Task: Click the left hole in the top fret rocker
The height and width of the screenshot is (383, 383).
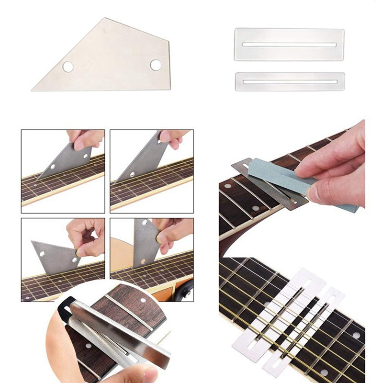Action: (x=68, y=67)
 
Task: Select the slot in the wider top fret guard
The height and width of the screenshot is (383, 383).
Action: (x=289, y=45)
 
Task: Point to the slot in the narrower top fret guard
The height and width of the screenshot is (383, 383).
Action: (x=289, y=81)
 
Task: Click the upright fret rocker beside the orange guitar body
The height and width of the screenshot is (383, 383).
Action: (x=145, y=242)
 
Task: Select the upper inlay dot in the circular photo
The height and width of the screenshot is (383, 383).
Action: (x=143, y=300)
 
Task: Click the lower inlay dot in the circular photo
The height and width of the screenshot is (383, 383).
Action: (x=88, y=345)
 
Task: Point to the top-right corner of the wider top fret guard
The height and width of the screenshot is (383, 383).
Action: (x=343, y=30)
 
